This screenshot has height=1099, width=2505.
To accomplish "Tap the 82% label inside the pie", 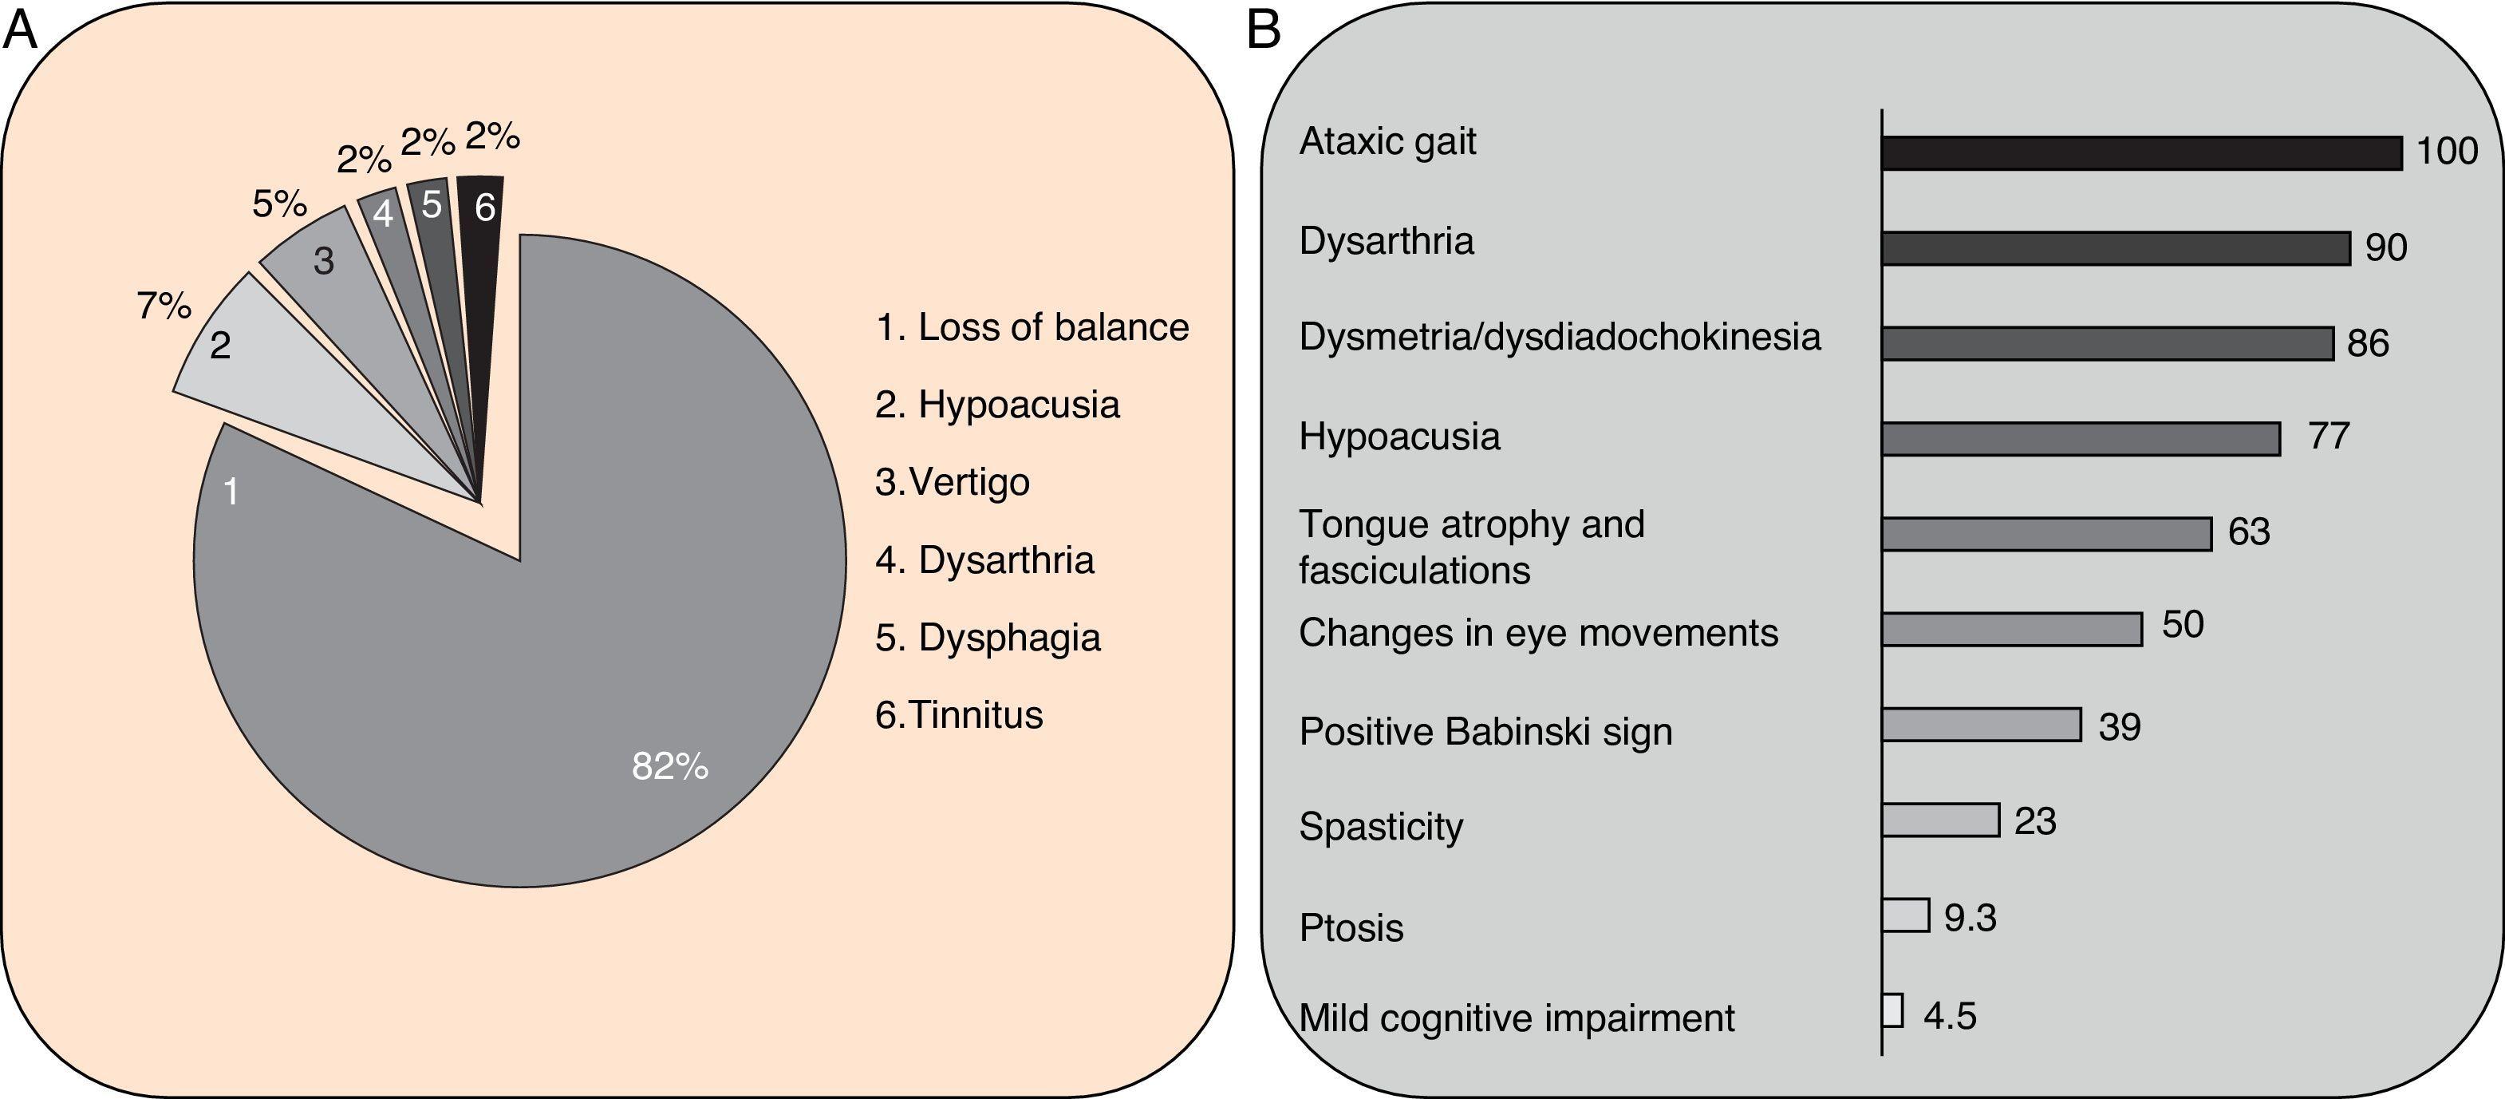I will (670, 766).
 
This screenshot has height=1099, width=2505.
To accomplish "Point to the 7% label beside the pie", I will (164, 306).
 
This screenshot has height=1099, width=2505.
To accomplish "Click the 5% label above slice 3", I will (279, 204).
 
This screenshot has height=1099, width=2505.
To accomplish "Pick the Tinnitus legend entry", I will (959, 715).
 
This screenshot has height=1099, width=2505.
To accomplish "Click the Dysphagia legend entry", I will (988, 638).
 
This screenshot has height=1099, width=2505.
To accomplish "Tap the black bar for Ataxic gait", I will (2141, 152).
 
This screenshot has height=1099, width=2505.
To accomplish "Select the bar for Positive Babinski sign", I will (1981, 725).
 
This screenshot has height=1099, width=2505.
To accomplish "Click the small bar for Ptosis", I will (1905, 915).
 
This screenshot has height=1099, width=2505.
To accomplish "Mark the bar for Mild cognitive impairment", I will (1892, 1010).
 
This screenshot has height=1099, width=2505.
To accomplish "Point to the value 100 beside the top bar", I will (2447, 152).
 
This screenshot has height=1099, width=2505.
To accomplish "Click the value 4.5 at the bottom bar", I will (1950, 1016).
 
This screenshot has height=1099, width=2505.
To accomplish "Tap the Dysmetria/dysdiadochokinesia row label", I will (1559, 338).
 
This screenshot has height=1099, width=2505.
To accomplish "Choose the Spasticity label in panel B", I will (1381, 827).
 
